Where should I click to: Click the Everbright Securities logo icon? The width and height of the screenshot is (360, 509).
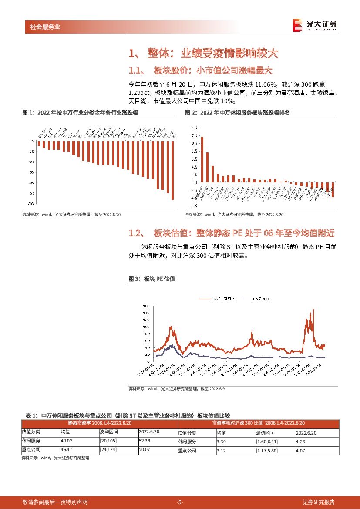297,25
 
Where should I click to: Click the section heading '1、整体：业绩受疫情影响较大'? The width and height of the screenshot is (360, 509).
203,54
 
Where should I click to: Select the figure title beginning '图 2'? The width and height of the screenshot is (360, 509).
238,113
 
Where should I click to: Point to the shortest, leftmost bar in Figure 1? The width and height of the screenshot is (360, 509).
39,143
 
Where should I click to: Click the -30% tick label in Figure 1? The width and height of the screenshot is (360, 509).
32,204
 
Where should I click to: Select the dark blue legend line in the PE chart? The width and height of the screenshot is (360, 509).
247,299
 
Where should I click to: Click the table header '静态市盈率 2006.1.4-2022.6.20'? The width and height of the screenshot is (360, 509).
100,423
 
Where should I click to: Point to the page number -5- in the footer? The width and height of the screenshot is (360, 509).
180,502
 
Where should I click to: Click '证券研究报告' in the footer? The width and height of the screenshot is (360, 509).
319,502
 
